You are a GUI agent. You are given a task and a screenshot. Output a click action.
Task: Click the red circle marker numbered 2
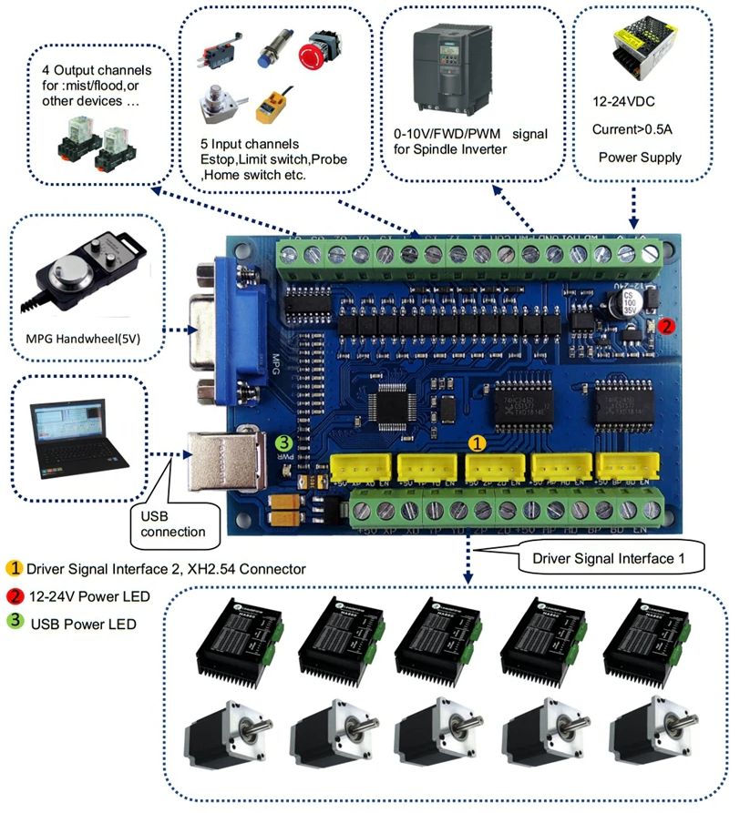pos(666,324)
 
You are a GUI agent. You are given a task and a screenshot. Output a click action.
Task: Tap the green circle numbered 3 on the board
pos(285,442)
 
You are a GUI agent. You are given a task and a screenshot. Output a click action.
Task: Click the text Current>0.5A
pos(639,129)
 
